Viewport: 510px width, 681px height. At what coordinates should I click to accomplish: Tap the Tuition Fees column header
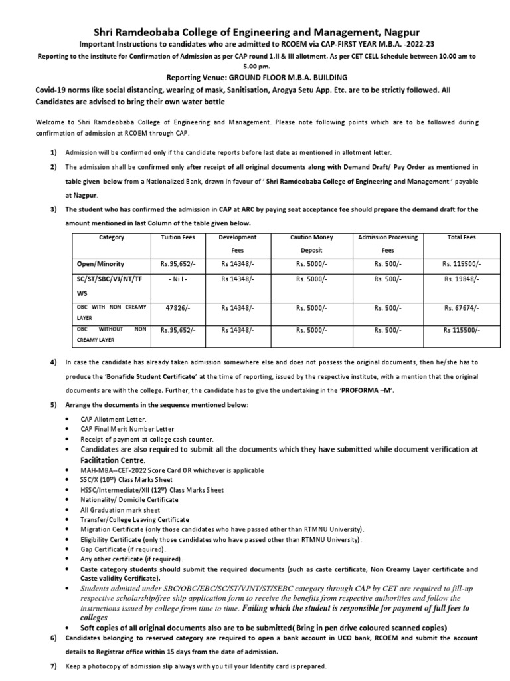pos(175,237)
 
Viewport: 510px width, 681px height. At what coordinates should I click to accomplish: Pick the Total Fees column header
pos(461,237)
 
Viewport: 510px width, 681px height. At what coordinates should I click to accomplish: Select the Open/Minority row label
pos(100,264)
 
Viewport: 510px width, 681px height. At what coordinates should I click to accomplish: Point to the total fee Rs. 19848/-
pos(461,280)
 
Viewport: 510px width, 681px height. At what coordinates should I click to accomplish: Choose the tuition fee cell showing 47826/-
pos(175,309)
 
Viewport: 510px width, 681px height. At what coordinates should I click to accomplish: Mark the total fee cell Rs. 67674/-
pos(461,309)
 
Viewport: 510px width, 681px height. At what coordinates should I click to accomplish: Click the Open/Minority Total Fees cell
pos(461,264)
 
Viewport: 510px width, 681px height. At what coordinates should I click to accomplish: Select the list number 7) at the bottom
pos(53,666)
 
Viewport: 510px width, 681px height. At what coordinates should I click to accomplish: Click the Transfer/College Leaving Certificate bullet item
pos(135,519)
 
